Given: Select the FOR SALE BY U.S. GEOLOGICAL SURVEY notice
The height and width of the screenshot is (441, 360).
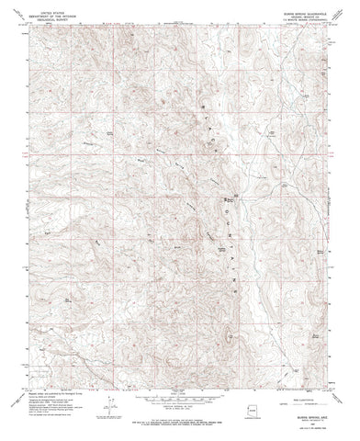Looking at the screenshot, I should coord(180,422).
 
